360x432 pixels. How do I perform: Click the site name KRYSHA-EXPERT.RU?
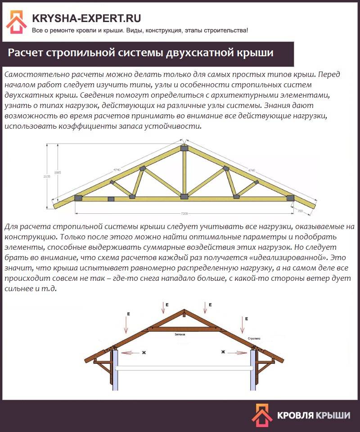[x=86, y=18]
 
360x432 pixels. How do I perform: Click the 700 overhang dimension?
[x=301, y=210]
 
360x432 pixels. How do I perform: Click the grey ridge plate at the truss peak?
[x=184, y=148]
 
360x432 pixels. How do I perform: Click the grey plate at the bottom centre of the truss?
[x=184, y=197]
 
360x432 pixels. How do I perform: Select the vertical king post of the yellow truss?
[x=184, y=173]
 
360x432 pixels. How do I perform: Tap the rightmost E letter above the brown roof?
[x=247, y=319]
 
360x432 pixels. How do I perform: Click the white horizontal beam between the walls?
[x=184, y=368]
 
